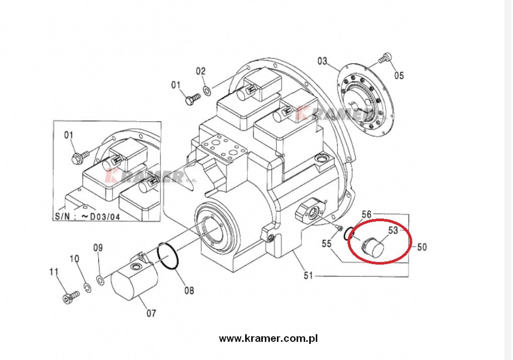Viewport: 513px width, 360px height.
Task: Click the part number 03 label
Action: [322, 62]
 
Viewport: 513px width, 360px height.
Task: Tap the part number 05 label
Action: [399, 76]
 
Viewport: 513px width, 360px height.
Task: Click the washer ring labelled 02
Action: [207, 90]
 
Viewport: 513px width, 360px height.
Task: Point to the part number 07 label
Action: [151, 313]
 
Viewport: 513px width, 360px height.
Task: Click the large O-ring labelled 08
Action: [167, 258]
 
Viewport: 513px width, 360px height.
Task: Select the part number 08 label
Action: [189, 290]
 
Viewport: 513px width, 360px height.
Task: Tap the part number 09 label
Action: [98, 248]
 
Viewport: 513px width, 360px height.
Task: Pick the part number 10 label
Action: [74, 259]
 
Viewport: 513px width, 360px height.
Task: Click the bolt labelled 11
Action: [69, 296]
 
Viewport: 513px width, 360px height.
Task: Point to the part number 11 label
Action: [54, 272]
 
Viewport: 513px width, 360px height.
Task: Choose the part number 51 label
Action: [309, 275]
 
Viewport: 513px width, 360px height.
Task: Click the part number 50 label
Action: [422, 247]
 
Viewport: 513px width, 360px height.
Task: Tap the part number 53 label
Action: [393, 230]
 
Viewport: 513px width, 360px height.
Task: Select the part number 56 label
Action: [366, 215]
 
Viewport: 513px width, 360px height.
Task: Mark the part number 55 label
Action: [327, 244]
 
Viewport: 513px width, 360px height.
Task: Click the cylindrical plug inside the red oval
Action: [374, 245]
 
